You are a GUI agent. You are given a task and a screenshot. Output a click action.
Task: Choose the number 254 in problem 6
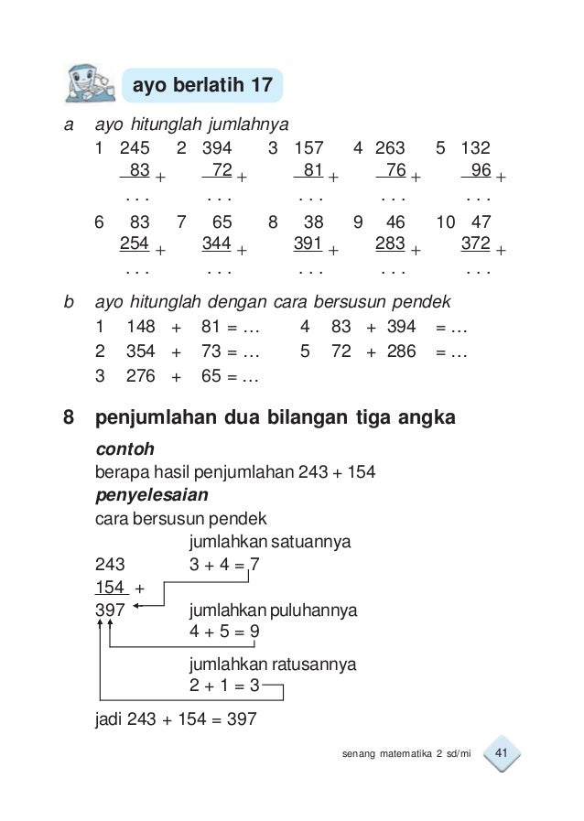135,243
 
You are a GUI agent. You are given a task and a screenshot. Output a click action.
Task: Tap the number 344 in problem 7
217,243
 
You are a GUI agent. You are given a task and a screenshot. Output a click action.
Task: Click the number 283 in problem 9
391,243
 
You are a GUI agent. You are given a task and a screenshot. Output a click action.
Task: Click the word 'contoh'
124,450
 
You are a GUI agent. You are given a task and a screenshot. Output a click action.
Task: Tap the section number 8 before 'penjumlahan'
69,420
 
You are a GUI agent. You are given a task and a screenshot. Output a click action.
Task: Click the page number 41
501,753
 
